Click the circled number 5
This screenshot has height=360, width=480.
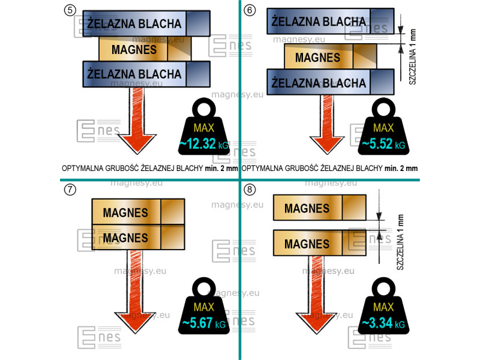[x=70, y=10]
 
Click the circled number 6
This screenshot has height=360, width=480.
[x=250, y=10]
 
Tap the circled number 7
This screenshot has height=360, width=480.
[x=70, y=190]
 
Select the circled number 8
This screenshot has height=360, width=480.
[x=250, y=190]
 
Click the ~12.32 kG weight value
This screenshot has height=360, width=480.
[x=204, y=144]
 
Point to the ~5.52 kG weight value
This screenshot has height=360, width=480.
[x=383, y=144]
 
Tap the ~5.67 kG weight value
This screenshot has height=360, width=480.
[x=204, y=323]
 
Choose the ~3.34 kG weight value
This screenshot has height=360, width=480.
[x=383, y=323]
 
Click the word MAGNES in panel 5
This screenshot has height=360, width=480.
[x=134, y=50]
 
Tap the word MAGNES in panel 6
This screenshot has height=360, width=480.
[x=318, y=58]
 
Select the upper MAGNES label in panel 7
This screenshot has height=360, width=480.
[x=125, y=213]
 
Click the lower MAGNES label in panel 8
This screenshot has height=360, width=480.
[x=307, y=244]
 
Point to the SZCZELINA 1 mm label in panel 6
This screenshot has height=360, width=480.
[x=412, y=56]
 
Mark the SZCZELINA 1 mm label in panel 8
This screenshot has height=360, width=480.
[x=400, y=242]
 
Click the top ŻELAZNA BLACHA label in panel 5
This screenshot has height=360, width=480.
[x=134, y=23]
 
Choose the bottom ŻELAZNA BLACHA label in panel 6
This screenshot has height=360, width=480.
[x=319, y=83]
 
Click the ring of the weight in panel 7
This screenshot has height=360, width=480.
[x=204, y=289]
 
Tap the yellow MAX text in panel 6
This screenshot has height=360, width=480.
[x=383, y=128]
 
